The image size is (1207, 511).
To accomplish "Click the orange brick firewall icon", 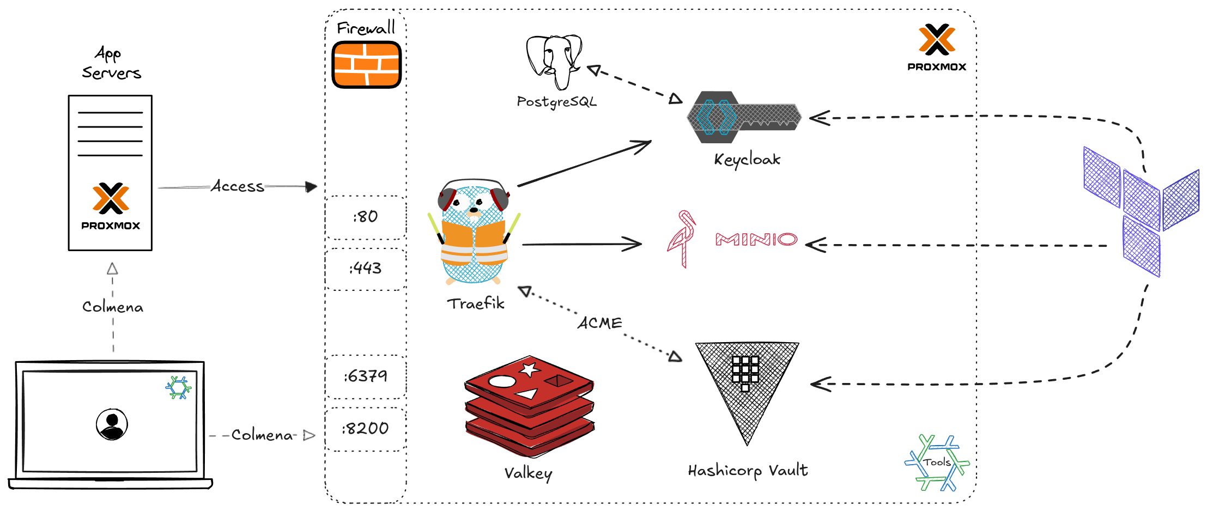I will coord(366,65).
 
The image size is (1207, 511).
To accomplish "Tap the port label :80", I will coord(366,217).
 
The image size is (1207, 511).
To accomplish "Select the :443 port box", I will coord(366,268).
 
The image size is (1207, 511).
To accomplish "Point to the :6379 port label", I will coord(366,376).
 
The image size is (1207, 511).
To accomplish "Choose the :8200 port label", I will coord(366,428).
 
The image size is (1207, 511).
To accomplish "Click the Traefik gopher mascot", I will coord(474,232).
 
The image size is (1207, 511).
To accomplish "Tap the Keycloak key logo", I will coord(744,117).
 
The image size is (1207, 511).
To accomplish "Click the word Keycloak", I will coord(747,159).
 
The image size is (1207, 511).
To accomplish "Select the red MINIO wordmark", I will coord(756,239).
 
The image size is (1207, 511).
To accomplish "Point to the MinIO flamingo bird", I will coord(682,239).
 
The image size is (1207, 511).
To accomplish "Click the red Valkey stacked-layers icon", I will coord(529,406).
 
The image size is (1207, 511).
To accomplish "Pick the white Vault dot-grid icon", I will coord(745,373).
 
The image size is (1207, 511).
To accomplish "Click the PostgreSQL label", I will coord(556,102).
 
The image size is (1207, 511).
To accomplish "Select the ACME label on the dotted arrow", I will coord(600,323).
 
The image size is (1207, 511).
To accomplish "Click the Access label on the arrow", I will coord(238,186).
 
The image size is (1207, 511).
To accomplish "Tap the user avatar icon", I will coord(112,424).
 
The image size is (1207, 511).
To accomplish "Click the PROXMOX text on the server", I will coord(111,226).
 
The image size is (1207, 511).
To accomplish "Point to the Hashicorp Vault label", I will coord(748,470).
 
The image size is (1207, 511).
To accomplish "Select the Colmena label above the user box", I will coord(113,307).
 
